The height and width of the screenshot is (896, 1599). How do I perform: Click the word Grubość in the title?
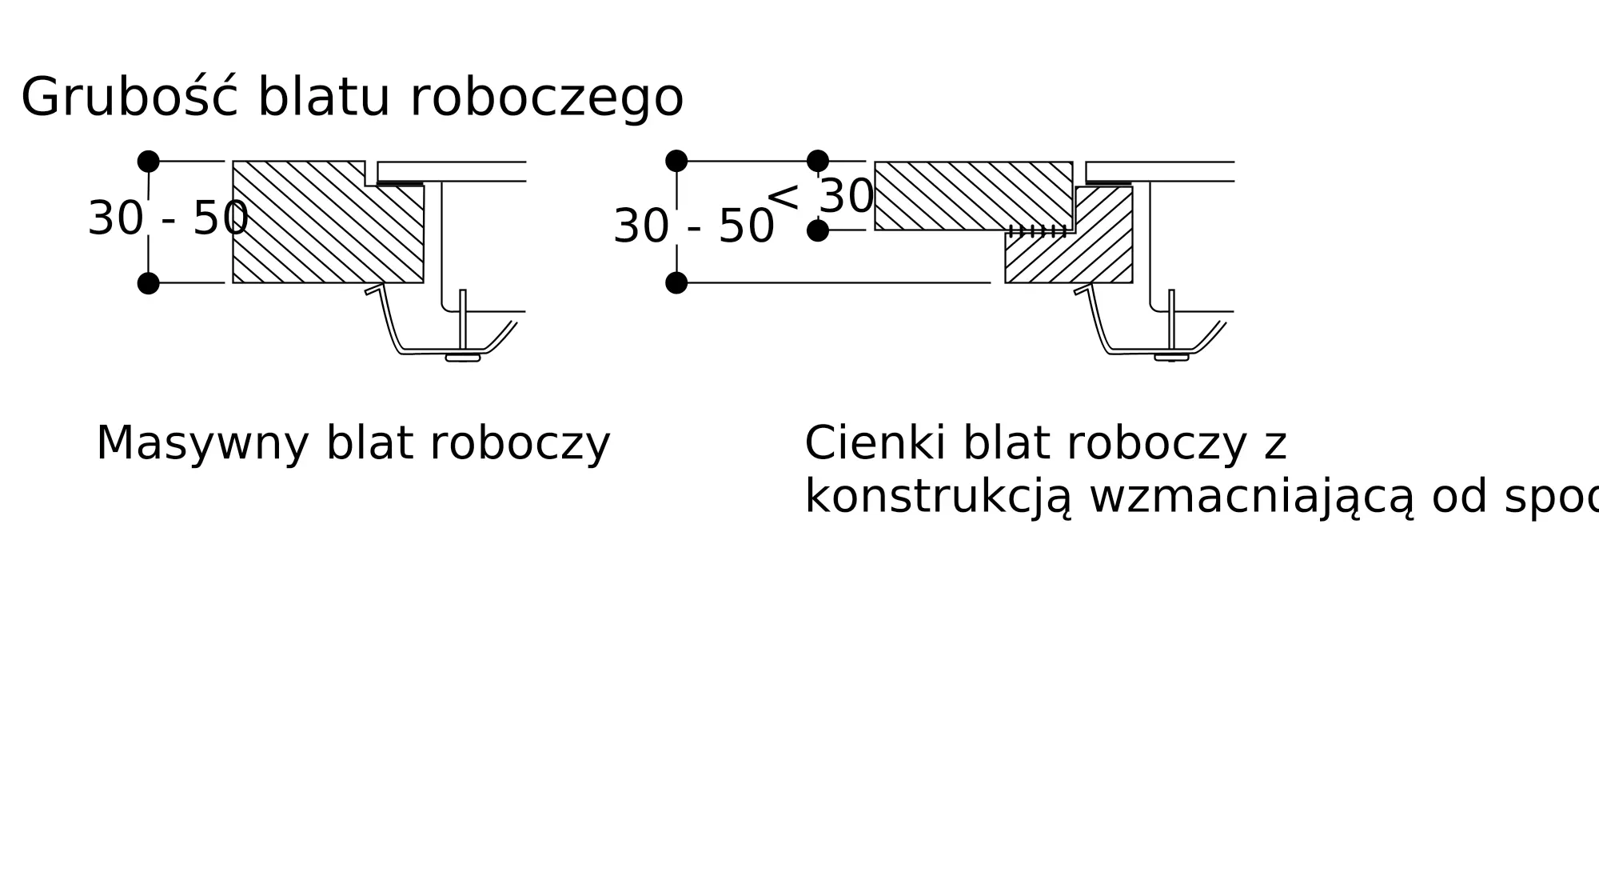click(129, 98)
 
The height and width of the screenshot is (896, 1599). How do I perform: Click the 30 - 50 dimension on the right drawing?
click(693, 227)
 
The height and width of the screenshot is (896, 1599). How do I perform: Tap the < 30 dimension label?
click(820, 197)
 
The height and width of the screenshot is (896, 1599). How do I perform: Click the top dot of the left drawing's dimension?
click(148, 162)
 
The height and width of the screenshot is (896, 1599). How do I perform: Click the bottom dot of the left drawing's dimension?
click(148, 283)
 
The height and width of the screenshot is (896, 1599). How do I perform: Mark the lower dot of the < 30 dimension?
click(818, 230)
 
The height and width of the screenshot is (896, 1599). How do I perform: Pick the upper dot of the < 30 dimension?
click(818, 162)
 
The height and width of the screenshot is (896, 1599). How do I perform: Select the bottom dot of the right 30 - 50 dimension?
click(676, 283)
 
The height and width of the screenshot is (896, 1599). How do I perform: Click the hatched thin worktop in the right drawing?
click(972, 196)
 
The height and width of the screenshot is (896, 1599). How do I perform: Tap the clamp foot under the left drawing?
click(463, 358)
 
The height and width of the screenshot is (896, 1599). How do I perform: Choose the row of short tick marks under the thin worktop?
click(1038, 231)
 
